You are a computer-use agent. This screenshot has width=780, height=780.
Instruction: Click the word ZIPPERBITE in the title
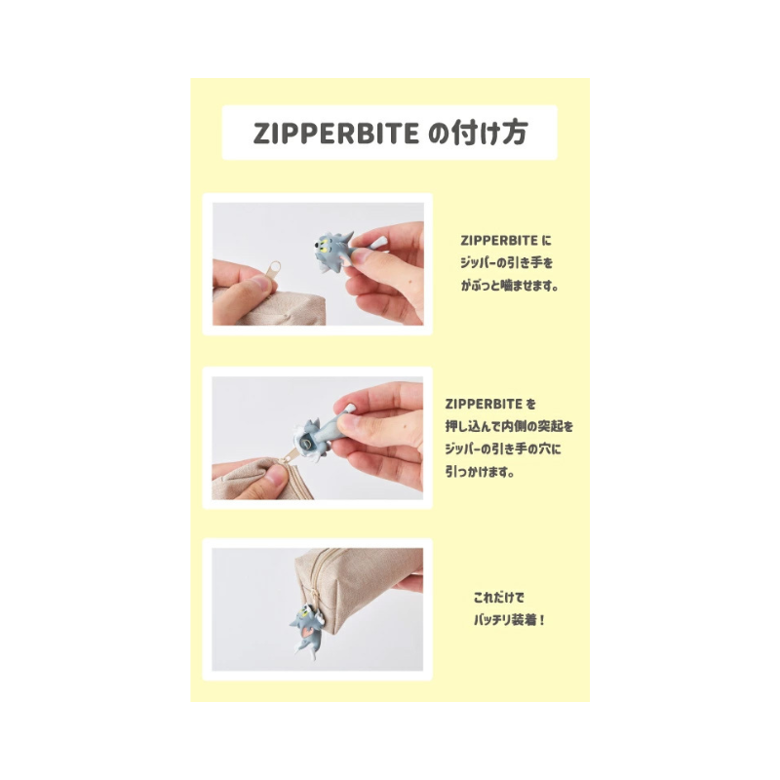336,133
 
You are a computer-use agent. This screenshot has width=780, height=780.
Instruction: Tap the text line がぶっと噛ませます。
509,286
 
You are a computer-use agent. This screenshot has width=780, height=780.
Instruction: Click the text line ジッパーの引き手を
506,262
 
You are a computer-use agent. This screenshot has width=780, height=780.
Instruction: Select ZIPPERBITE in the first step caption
499,241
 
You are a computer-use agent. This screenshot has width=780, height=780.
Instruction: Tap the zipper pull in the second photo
289,454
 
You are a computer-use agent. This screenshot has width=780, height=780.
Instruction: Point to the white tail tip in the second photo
350,409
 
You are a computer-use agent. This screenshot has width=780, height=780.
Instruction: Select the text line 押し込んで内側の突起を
509,426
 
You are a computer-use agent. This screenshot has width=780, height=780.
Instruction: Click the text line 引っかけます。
480,471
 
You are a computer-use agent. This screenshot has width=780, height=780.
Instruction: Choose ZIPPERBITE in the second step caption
484,404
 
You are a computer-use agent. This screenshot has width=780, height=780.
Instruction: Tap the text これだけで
499,597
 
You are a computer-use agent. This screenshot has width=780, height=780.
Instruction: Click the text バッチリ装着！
509,620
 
